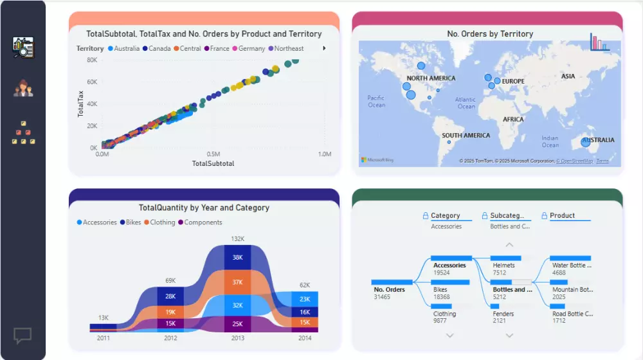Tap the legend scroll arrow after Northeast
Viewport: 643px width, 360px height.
(x=324, y=48)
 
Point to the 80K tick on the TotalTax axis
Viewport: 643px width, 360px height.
(x=92, y=60)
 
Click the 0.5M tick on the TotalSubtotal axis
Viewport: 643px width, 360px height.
(x=213, y=154)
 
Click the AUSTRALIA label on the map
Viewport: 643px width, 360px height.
(x=598, y=139)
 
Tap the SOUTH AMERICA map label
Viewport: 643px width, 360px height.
(x=466, y=136)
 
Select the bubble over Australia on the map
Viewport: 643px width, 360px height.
(x=585, y=142)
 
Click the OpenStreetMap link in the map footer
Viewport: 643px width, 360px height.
(x=574, y=161)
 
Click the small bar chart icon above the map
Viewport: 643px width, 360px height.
(x=599, y=42)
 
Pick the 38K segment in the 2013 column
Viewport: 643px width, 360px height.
(x=237, y=257)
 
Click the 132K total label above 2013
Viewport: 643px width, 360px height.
(x=237, y=239)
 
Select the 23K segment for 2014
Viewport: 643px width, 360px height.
(x=305, y=299)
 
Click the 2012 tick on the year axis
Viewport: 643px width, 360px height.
(x=170, y=337)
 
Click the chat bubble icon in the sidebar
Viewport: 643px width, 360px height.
(x=23, y=335)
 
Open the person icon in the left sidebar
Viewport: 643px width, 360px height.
(x=23, y=88)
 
